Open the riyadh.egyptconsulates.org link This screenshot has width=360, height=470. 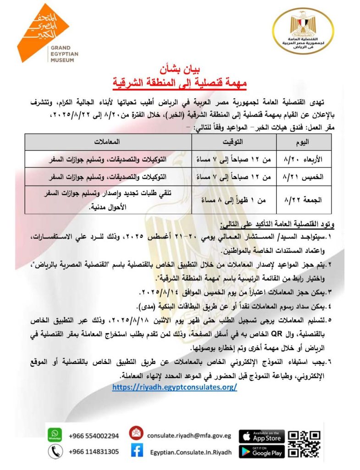174,387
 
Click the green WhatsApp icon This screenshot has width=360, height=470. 55,434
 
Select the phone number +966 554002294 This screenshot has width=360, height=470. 94,436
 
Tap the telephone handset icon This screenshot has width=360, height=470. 55,452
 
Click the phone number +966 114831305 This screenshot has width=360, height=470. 94,452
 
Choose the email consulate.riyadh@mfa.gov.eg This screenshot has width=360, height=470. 188,435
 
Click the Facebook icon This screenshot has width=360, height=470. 136,452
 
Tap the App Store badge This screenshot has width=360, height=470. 262,436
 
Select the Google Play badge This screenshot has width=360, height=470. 262,452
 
